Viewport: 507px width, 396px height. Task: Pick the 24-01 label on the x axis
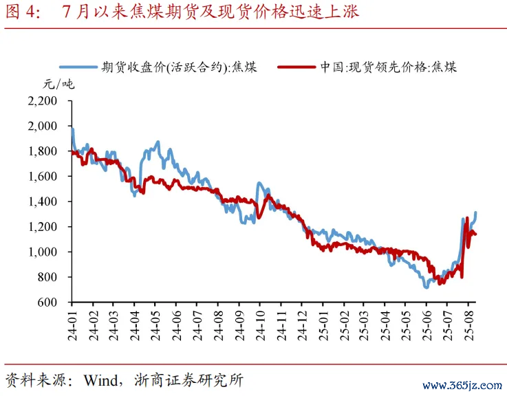[x=72, y=324]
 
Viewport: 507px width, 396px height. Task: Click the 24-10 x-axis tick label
[x=262, y=324]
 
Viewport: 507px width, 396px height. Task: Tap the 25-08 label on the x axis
[x=469, y=324]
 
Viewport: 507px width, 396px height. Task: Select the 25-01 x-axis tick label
[x=323, y=324]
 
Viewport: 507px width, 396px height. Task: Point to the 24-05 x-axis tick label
[x=155, y=324]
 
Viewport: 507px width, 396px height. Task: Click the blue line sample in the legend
[x=78, y=67]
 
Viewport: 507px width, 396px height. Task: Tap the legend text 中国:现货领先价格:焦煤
[x=388, y=67]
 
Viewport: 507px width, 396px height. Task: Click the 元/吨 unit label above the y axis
[x=58, y=85]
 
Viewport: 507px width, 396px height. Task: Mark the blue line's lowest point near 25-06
[x=426, y=287]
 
